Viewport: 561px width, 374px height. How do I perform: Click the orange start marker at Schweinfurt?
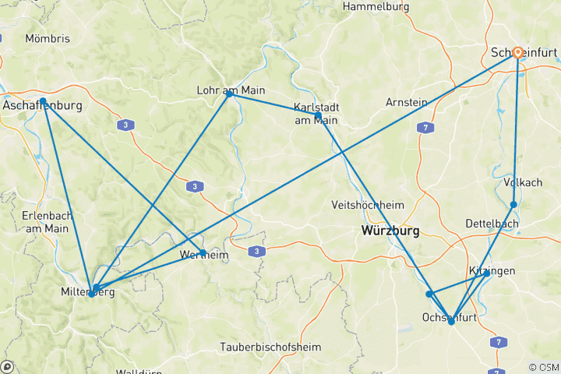click(517, 52)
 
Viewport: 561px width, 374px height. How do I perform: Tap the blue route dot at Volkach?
click(513, 205)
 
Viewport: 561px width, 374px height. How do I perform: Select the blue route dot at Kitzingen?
click(486, 273)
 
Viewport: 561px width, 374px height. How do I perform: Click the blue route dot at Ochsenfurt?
click(451, 321)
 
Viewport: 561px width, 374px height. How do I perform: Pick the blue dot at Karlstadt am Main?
click(318, 115)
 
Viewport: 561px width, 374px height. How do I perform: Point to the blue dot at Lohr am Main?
click(229, 93)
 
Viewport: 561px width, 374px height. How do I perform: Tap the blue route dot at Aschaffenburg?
click(45, 104)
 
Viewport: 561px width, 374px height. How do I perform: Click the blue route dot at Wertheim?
click(203, 253)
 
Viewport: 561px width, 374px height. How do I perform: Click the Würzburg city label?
click(390, 231)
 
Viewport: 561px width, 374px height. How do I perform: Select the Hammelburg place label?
click(376, 6)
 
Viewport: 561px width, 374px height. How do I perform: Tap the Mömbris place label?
click(48, 37)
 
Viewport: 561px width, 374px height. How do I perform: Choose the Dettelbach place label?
click(492, 223)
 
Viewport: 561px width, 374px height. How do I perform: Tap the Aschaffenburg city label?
click(43, 104)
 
